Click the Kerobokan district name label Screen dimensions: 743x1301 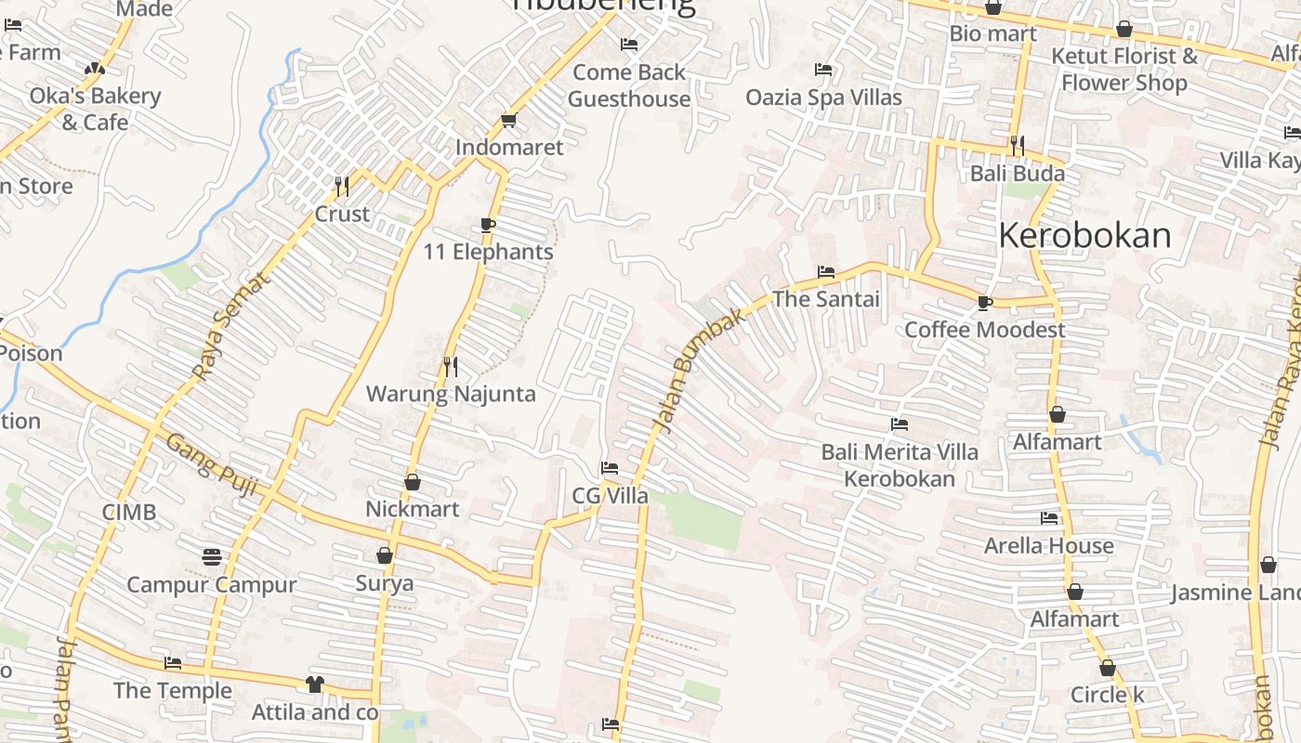(x=1084, y=236)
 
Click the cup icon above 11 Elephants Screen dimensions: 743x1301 (x=488, y=225)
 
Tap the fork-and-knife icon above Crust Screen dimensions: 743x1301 (x=342, y=187)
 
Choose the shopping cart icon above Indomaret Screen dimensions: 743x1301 (x=508, y=121)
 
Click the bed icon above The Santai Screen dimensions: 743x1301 (x=825, y=272)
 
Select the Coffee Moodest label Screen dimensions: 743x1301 (x=985, y=330)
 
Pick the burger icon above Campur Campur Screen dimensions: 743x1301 (x=212, y=557)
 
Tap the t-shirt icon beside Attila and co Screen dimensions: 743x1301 (x=315, y=684)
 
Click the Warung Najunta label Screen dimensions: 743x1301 (x=451, y=394)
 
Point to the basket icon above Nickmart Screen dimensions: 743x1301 (x=413, y=482)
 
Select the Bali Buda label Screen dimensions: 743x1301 (x=1018, y=174)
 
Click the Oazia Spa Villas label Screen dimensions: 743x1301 (x=823, y=98)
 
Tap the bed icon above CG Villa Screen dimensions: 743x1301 (x=610, y=468)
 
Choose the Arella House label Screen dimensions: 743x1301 (x=1048, y=545)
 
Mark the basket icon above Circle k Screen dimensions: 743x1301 (x=1107, y=668)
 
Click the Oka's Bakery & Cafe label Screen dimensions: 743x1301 (x=95, y=109)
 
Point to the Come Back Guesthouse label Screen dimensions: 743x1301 (x=629, y=85)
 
